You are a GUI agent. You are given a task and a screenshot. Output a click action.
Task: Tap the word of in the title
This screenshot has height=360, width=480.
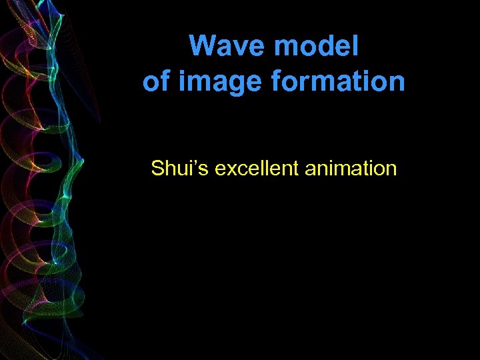pyautogui.click(x=156, y=82)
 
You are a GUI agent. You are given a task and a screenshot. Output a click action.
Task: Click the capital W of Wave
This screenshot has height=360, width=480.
pyautogui.click(x=202, y=47)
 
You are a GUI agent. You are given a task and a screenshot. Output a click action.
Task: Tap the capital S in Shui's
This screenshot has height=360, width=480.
pyautogui.click(x=157, y=168)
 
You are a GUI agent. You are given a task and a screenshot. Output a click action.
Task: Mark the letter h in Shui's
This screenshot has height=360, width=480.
pyautogui.click(x=167, y=168)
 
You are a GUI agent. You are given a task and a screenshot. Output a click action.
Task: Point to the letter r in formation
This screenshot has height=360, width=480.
pyautogui.click(x=307, y=83)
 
